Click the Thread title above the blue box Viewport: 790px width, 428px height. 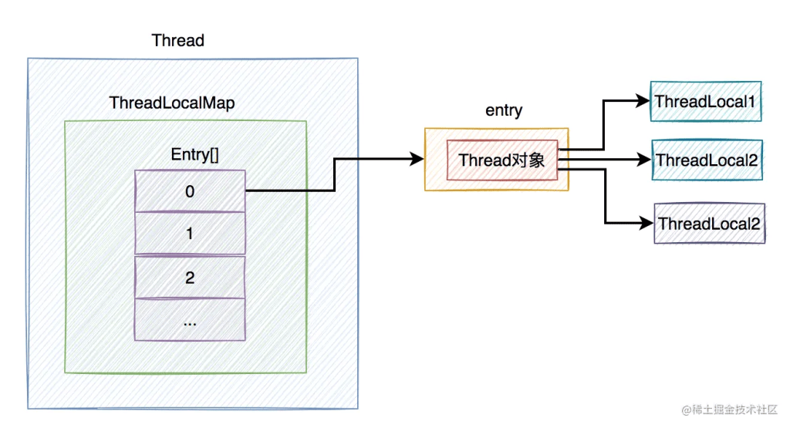click(177, 40)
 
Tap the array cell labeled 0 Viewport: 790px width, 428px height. click(190, 190)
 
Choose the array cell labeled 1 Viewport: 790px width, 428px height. click(190, 233)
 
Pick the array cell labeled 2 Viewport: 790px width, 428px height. click(190, 278)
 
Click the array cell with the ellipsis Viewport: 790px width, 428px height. click(190, 320)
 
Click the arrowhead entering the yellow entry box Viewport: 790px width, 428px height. click(417, 160)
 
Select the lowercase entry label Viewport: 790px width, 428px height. click(504, 110)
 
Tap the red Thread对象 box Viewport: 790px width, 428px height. click(501, 160)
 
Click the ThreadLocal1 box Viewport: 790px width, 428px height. click(705, 101)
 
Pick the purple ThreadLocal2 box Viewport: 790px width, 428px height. click(709, 224)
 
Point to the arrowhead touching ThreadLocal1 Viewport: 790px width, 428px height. click(643, 101)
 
